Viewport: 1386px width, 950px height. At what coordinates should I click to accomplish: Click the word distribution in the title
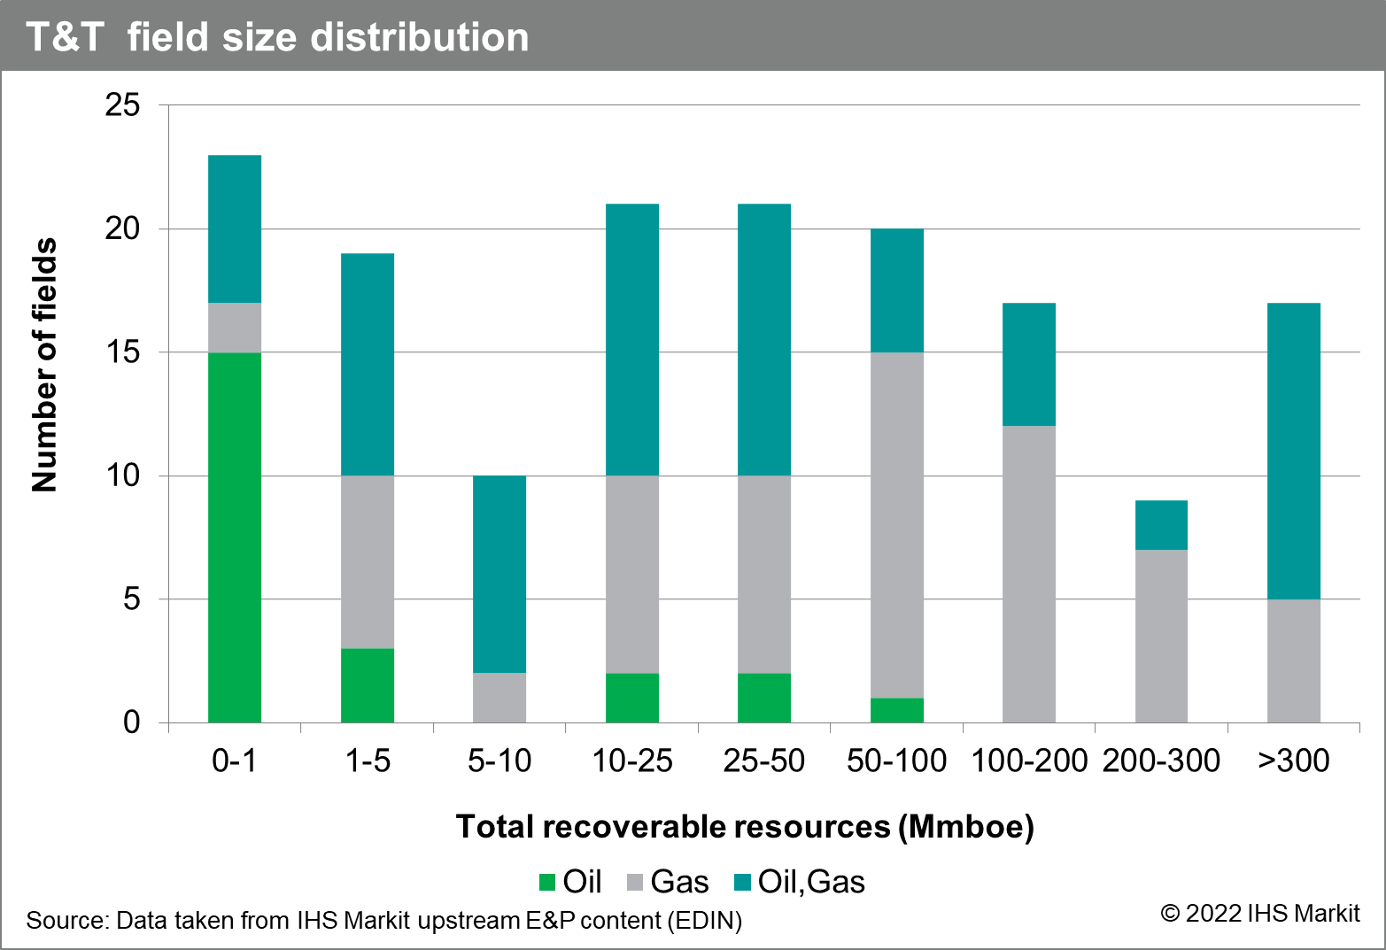coord(420,38)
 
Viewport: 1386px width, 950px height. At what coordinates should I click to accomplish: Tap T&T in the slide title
coord(65,38)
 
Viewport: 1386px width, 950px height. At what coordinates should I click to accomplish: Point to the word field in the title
coord(167,38)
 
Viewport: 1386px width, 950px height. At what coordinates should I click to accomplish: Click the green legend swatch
coord(547,882)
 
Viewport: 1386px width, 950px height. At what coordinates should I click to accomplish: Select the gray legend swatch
coord(635,882)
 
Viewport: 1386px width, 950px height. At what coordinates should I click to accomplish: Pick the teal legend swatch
coord(742,882)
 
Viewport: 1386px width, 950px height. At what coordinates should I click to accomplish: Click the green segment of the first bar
coord(235,537)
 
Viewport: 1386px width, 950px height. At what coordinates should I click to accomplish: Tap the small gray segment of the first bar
coord(235,328)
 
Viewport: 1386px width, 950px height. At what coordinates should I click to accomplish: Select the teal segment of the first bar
coord(235,228)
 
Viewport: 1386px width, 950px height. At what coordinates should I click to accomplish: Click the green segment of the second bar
coord(368,685)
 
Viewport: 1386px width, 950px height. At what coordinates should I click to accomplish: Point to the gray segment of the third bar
coord(499,698)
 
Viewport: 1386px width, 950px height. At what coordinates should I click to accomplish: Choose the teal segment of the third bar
coord(499,574)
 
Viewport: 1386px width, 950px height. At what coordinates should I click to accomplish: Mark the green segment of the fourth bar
coord(632,698)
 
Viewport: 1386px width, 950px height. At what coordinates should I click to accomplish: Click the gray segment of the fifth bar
coord(764,574)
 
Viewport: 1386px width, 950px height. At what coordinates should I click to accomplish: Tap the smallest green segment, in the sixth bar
coord(897,710)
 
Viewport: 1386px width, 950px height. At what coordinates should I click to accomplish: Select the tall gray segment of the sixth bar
coord(897,524)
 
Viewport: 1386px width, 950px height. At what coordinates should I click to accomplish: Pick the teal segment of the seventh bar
coord(1029,364)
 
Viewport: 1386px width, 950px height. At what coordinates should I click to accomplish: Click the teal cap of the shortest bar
coord(1161,525)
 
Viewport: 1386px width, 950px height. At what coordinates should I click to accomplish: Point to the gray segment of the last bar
coord(1294,660)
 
